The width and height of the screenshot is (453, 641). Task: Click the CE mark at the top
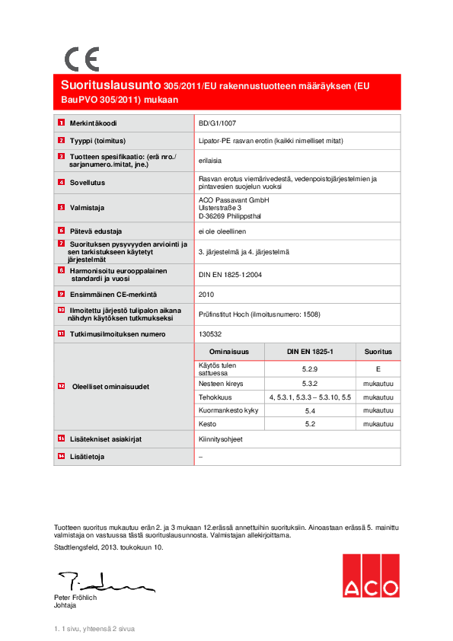pos(81,59)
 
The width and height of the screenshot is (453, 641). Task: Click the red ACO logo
pos(370,576)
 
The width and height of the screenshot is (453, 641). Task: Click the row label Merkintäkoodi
pos(93,123)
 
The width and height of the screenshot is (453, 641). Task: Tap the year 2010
pos(206,294)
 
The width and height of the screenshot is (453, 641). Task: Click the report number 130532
pos(209,333)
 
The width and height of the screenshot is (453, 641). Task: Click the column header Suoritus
pos(378,352)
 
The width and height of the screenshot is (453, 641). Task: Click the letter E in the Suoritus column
pos(378,368)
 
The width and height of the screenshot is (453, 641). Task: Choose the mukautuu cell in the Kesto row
pos(378,423)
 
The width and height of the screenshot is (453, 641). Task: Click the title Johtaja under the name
pos(65,606)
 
